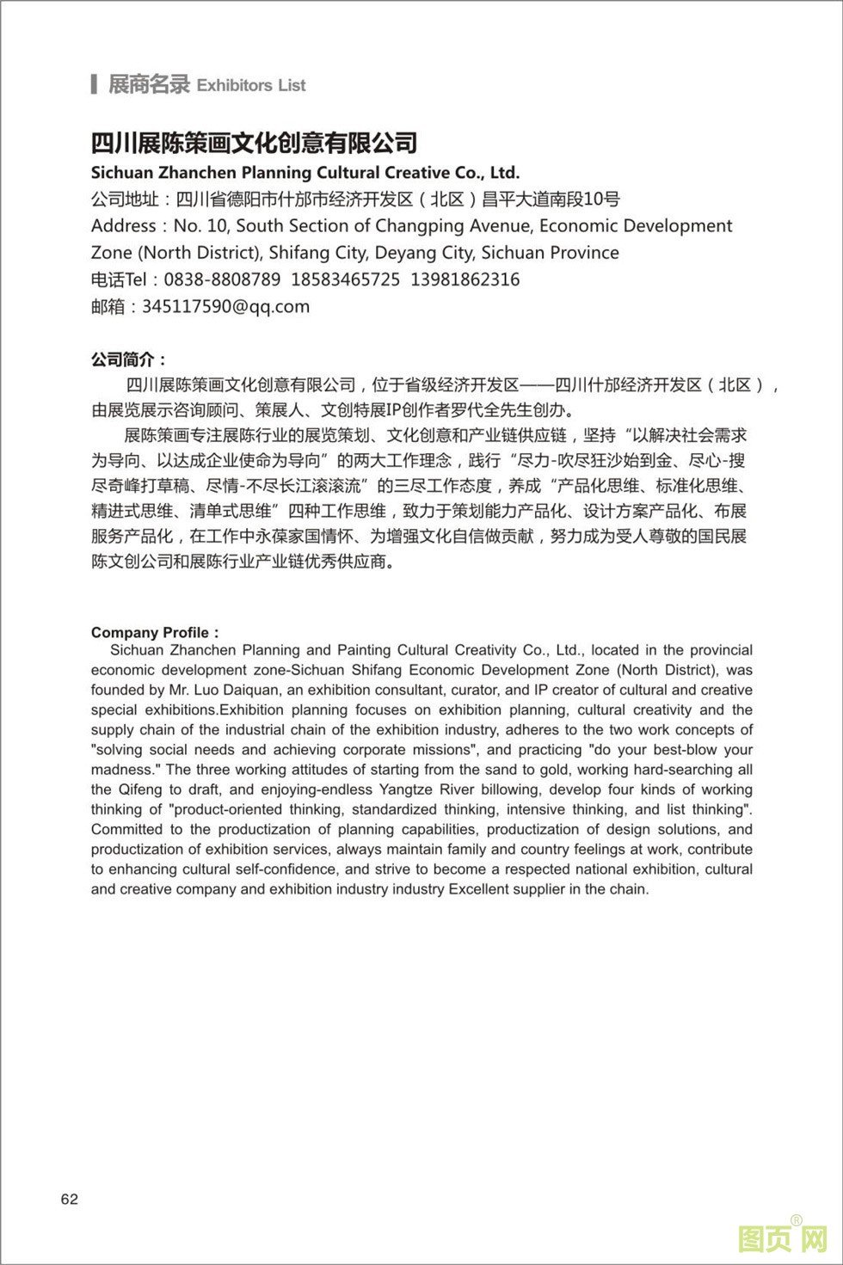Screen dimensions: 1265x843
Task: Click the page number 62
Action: click(70, 1199)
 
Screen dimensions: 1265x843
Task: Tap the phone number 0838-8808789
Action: click(222, 279)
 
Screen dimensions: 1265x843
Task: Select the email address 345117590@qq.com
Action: click(225, 306)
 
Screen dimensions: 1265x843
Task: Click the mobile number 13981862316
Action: click(465, 279)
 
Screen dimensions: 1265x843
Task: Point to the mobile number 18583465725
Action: click(345, 279)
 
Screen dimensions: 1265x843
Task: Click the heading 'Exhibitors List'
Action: click(251, 85)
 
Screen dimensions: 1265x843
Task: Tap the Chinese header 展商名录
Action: click(148, 84)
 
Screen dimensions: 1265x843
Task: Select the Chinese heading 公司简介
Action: click(128, 359)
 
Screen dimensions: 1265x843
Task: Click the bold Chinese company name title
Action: click(254, 142)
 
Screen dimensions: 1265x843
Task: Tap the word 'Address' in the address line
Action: click(124, 226)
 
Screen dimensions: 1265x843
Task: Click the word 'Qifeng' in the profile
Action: click(140, 789)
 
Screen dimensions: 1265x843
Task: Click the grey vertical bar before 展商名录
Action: click(94, 84)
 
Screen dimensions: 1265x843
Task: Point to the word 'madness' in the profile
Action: click(124, 769)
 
